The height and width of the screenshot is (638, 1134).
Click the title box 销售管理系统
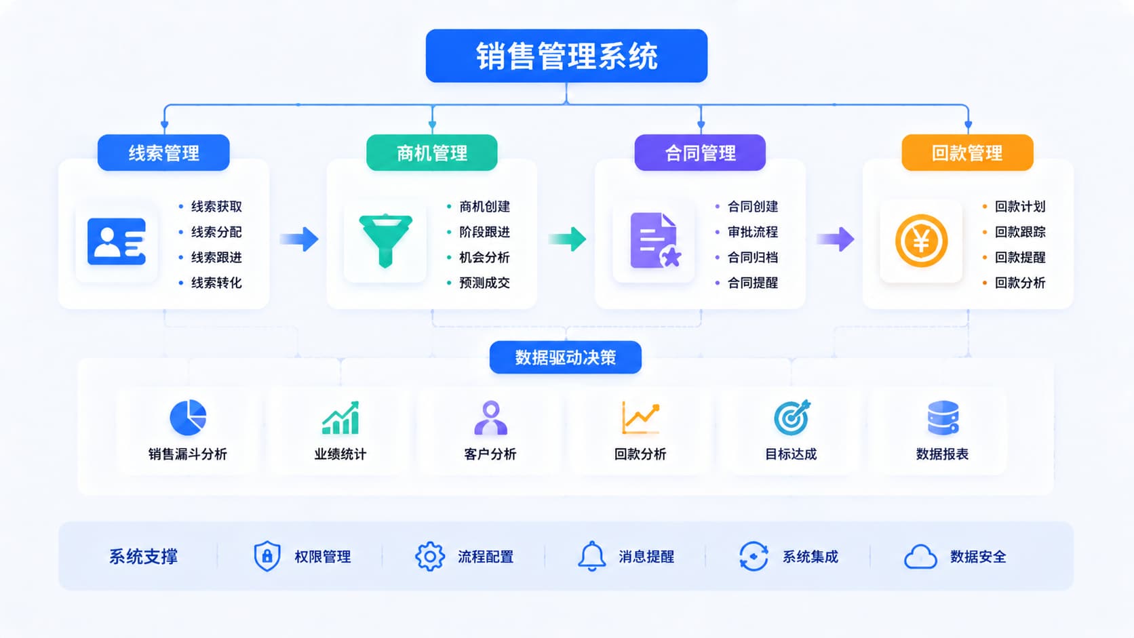click(x=566, y=56)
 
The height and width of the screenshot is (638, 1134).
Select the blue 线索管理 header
click(x=163, y=153)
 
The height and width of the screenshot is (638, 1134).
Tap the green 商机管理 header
click(x=432, y=153)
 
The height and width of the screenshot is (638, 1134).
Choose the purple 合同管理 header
click(x=700, y=153)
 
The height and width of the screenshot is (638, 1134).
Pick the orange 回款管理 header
click(x=967, y=153)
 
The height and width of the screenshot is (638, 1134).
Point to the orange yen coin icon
click(x=921, y=241)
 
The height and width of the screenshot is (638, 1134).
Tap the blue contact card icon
click(x=117, y=241)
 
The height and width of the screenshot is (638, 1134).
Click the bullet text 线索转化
click(x=216, y=282)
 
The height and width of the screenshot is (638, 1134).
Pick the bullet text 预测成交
click(x=484, y=282)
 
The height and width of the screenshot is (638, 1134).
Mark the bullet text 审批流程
click(x=753, y=232)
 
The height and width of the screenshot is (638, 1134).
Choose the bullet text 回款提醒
click(x=1020, y=257)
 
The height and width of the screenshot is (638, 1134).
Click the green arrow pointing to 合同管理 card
click(x=568, y=239)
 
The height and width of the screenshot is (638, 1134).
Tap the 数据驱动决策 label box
click(x=566, y=357)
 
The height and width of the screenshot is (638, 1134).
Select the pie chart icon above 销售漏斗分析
click(x=188, y=418)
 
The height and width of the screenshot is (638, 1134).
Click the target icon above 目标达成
click(x=791, y=418)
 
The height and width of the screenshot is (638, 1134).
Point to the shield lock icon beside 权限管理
click(x=267, y=555)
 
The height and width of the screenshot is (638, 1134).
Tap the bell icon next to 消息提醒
click(x=591, y=556)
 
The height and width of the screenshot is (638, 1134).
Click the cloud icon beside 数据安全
click(x=920, y=557)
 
